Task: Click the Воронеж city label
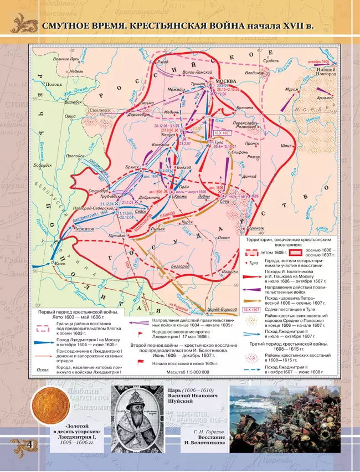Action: (255, 228)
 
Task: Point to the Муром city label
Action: (291, 89)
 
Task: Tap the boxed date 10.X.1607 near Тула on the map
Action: (222, 133)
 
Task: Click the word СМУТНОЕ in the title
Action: (69, 26)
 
